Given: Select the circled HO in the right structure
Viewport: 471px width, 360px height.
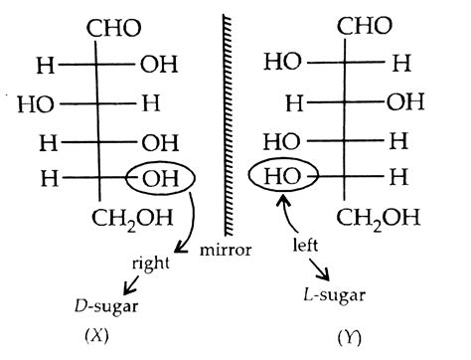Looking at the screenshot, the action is coord(289,179).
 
